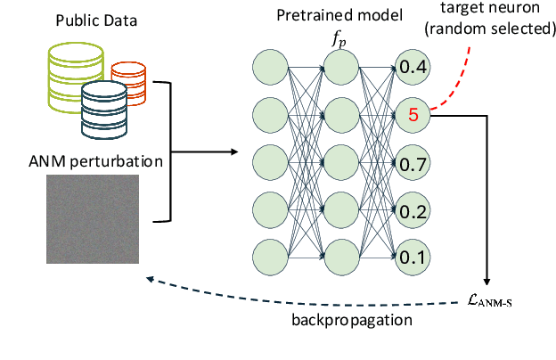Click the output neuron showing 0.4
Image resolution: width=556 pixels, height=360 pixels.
(x=413, y=67)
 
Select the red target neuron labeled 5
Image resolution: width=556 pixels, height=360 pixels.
(x=413, y=114)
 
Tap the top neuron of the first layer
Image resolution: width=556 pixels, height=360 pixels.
(x=270, y=67)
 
